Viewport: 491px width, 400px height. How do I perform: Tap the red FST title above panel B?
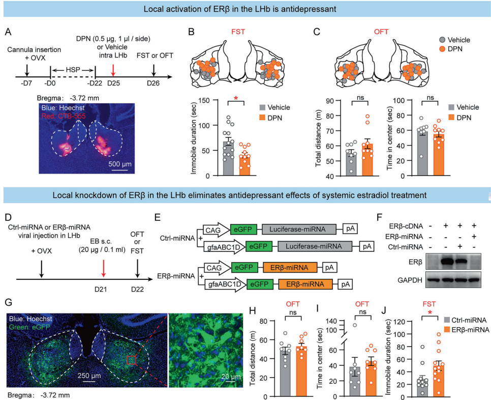[x=237, y=32]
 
